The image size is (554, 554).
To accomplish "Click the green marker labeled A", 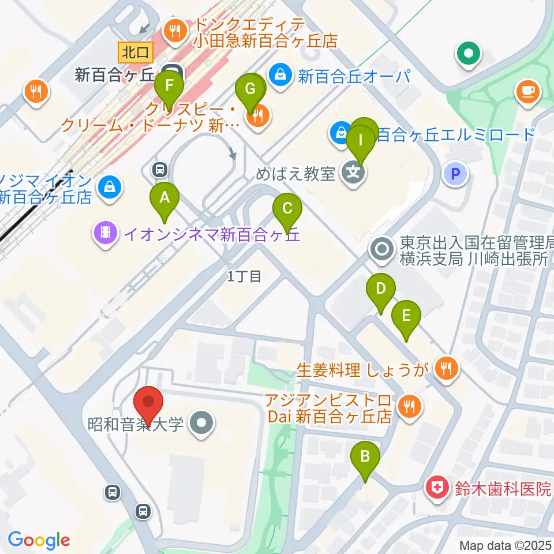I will click(164, 199).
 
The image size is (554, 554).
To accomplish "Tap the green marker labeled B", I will click(365, 457).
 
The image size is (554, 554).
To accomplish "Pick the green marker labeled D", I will click(380, 289).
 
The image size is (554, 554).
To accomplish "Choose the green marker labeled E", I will click(406, 316).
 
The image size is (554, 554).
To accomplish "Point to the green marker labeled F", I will click(169, 87).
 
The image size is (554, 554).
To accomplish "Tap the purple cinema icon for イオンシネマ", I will click(104, 233).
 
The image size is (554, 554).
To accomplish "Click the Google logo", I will click(39, 540).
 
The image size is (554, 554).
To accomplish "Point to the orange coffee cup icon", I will click(528, 91).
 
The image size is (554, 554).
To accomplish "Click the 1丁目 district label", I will click(245, 276).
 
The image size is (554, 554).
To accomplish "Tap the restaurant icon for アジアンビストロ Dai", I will click(410, 407).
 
